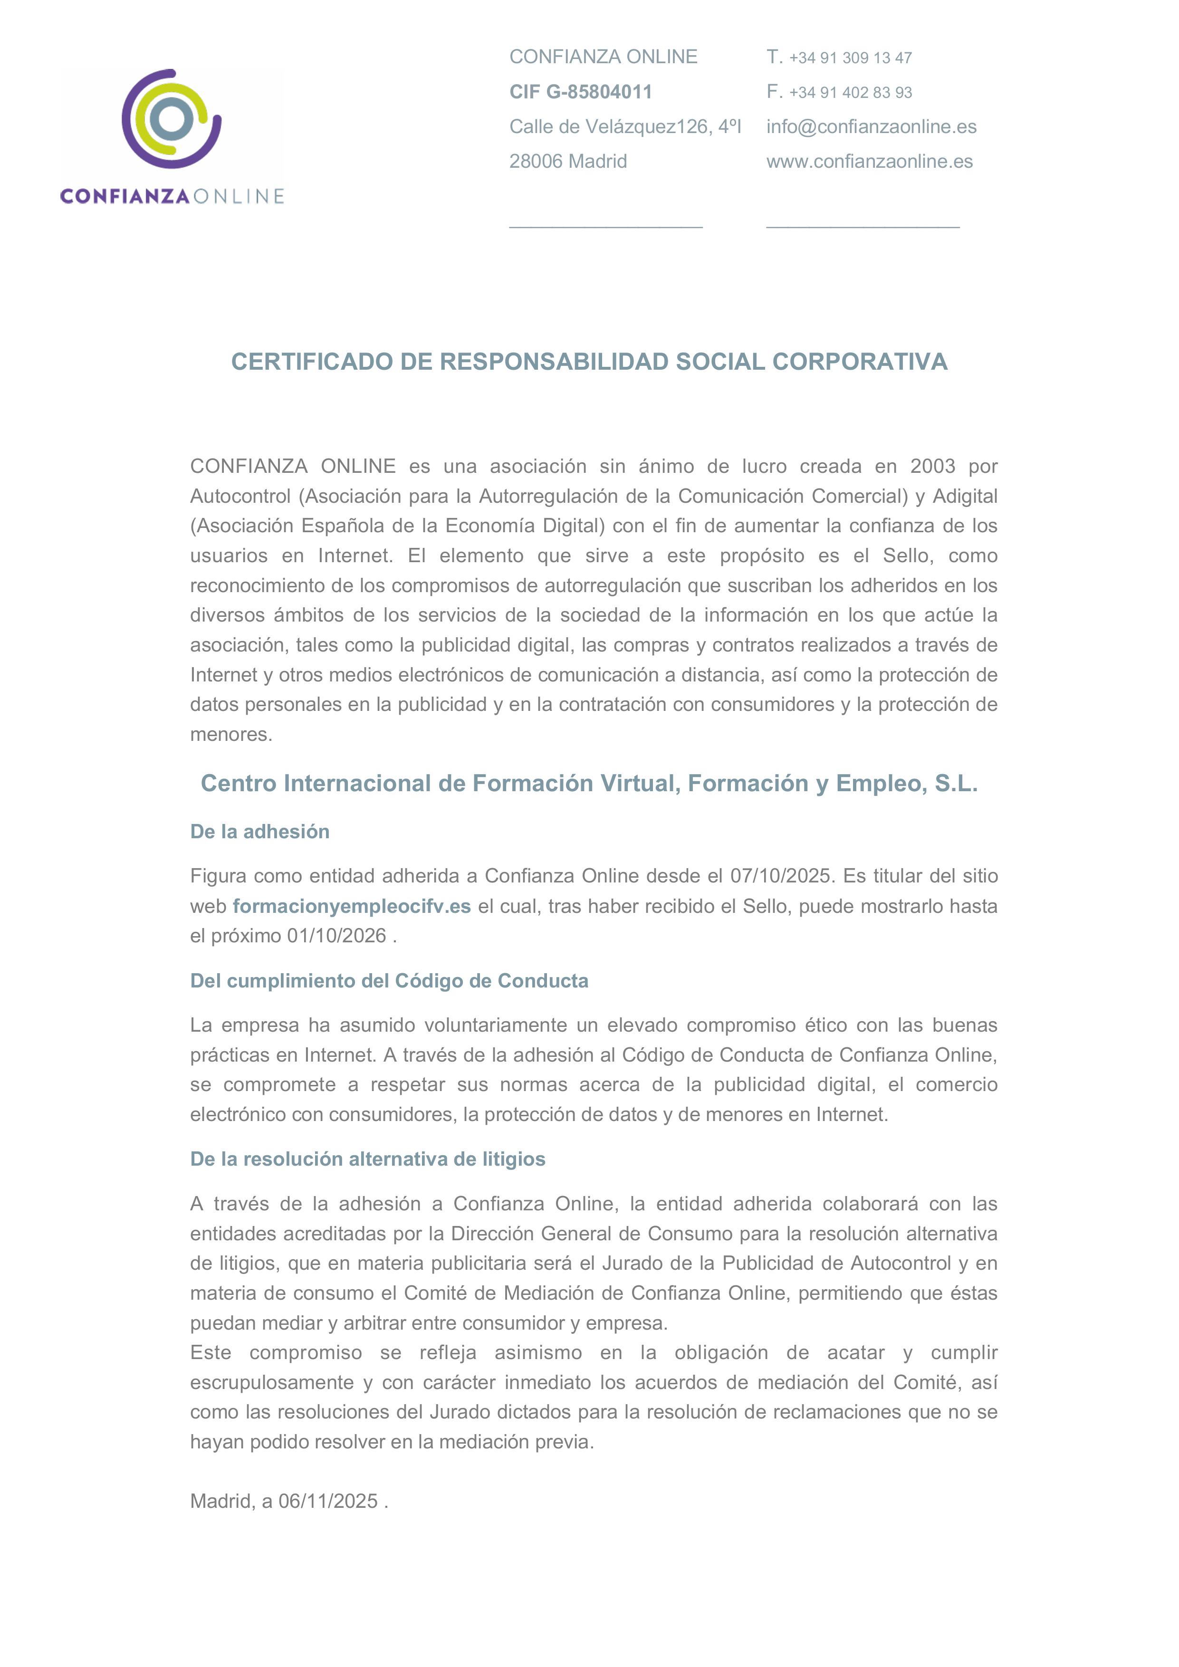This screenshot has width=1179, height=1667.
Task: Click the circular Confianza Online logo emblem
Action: point(172,119)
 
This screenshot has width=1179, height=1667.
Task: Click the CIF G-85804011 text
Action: point(580,92)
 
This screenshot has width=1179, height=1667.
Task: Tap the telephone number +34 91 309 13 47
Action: point(850,57)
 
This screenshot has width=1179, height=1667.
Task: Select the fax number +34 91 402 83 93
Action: point(850,92)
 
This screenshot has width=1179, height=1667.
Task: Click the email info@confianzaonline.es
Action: point(871,126)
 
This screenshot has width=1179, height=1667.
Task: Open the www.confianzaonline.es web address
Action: point(869,161)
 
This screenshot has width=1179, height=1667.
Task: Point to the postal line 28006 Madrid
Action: point(568,161)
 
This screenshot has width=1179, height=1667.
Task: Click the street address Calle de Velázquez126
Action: point(624,126)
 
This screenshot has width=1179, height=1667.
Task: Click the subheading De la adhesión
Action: point(259,831)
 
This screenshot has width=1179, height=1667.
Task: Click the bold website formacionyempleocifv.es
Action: point(351,906)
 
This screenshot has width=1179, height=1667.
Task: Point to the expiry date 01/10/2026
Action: point(336,936)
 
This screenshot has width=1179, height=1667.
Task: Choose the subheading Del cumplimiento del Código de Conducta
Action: point(389,981)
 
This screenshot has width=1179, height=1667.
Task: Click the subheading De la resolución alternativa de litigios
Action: point(367,1159)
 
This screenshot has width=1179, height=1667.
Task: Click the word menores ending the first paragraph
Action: point(230,734)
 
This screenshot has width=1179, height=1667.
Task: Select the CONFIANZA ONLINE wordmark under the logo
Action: point(172,196)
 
